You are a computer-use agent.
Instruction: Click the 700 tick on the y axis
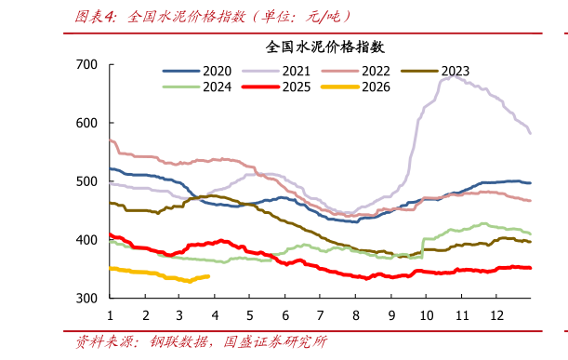click(86, 64)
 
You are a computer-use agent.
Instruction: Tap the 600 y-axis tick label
click(86, 123)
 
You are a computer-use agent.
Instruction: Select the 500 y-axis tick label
click(86, 181)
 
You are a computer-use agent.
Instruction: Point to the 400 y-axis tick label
click(86, 240)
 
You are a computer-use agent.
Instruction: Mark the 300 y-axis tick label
click(86, 299)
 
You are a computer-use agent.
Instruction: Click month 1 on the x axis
click(110, 314)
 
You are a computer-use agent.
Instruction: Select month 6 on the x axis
click(285, 314)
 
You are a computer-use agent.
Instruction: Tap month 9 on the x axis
click(390, 314)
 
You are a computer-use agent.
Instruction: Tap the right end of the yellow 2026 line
click(208, 276)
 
